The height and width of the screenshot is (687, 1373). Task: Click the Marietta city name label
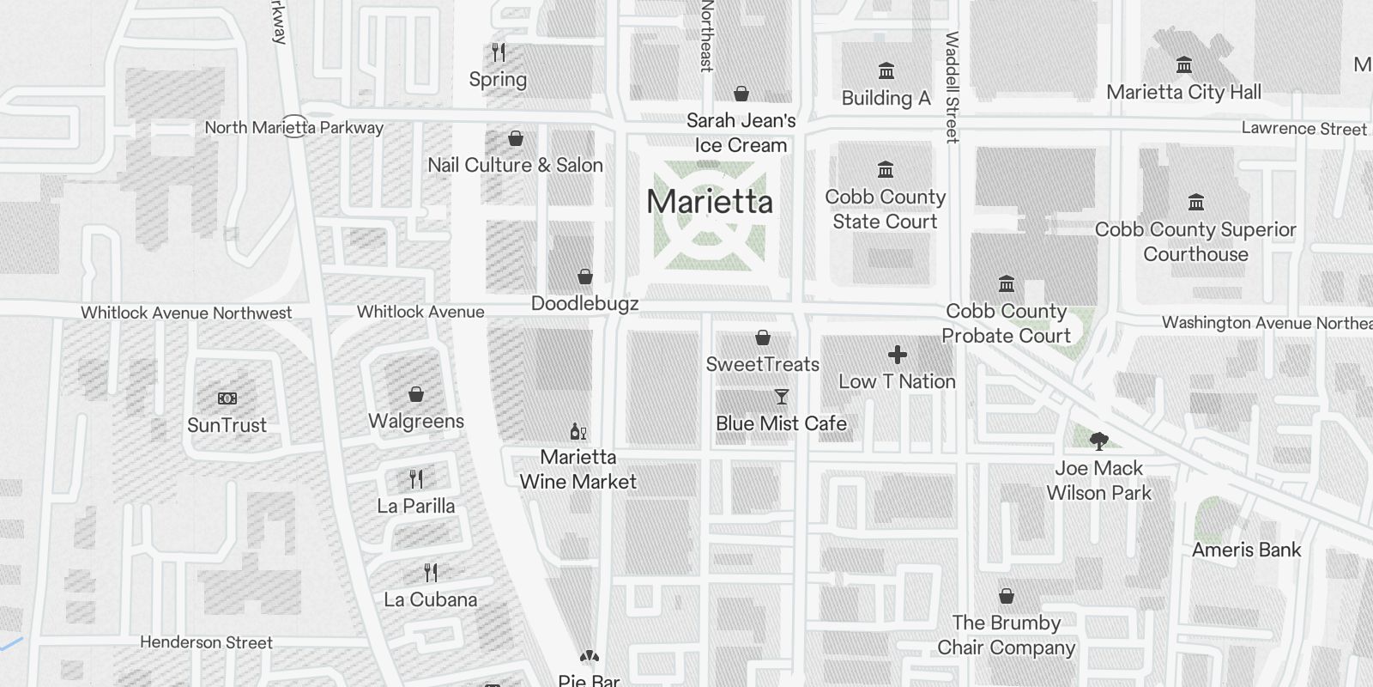click(710, 202)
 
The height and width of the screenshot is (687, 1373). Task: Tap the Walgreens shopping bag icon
click(416, 394)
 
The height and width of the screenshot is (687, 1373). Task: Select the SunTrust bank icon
click(227, 398)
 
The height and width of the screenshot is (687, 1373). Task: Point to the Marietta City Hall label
click(1183, 92)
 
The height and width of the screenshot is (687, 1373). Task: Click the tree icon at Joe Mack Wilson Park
click(1098, 441)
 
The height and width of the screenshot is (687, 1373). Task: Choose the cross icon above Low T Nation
click(898, 355)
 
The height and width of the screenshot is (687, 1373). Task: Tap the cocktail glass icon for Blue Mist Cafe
click(781, 397)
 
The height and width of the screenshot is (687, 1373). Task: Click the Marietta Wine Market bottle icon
click(578, 431)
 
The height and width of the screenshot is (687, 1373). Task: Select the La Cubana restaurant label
click(431, 599)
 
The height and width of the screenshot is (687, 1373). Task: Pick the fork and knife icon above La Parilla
click(416, 478)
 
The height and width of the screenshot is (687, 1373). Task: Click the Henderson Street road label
click(206, 642)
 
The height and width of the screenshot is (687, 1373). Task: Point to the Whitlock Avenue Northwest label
click(186, 313)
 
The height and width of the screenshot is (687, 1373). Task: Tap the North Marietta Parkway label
click(293, 128)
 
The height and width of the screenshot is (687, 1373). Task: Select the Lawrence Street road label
click(1303, 129)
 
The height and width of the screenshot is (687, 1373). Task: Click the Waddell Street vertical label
click(952, 87)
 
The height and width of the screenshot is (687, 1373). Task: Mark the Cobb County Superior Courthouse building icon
click(1196, 203)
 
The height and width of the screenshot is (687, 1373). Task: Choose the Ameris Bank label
click(1246, 550)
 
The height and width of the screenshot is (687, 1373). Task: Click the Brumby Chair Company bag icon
click(1007, 596)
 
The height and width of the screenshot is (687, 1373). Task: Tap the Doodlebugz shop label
click(584, 303)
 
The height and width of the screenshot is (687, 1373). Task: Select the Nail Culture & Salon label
click(515, 165)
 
